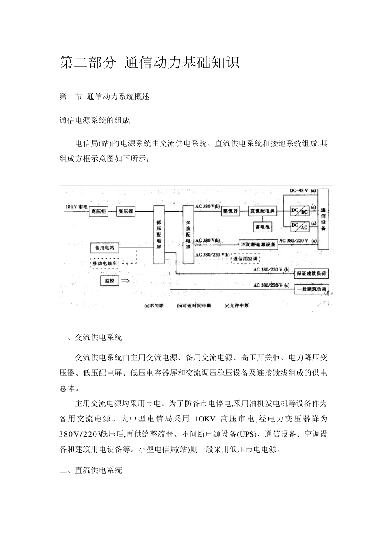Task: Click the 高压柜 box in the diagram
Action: tap(99, 212)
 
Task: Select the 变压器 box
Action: tap(126, 212)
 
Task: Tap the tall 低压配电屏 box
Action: tap(159, 235)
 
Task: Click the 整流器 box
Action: tap(230, 212)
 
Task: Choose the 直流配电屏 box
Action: tap(263, 212)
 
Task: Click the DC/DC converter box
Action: tap(300, 211)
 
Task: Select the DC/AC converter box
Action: tap(300, 227)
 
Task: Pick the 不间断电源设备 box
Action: tap(258, 244)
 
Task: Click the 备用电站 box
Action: tap(105, 248)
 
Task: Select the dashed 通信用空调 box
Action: tap(245, 259)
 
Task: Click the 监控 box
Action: tap(109, 281)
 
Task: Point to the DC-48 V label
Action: tap(298, 191)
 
